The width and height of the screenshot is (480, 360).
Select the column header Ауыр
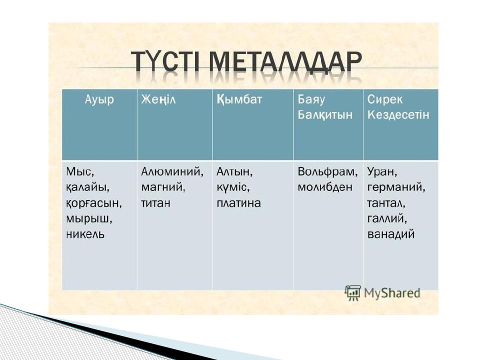pyautogui.click(x=99, y=99)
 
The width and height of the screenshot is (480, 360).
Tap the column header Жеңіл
pyautogui.click(x=158, y=99)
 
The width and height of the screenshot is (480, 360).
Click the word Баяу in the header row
pyautogui.click(x=311, y=99)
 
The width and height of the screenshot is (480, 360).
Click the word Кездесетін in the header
pyautogui.click(x=398, y=115)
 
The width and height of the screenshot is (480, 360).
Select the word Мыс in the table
pyautogui.click(x=78, y=172)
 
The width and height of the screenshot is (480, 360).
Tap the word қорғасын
pyautogui.click(x=94, y=203)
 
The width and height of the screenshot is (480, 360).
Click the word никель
pyautogui.click(x=85, y=234)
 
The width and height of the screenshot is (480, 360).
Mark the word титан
pyautogui.click(x=155, y=203)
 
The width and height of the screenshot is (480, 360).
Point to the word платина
pyautogui.click(x=238, y=203)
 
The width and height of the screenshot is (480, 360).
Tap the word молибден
pyautogui.click(x=325, y=187)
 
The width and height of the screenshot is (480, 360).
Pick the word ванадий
pyautogui.click(x=391, y=234)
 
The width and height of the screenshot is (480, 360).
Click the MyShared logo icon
pyautogui.click(x=353, y=292)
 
